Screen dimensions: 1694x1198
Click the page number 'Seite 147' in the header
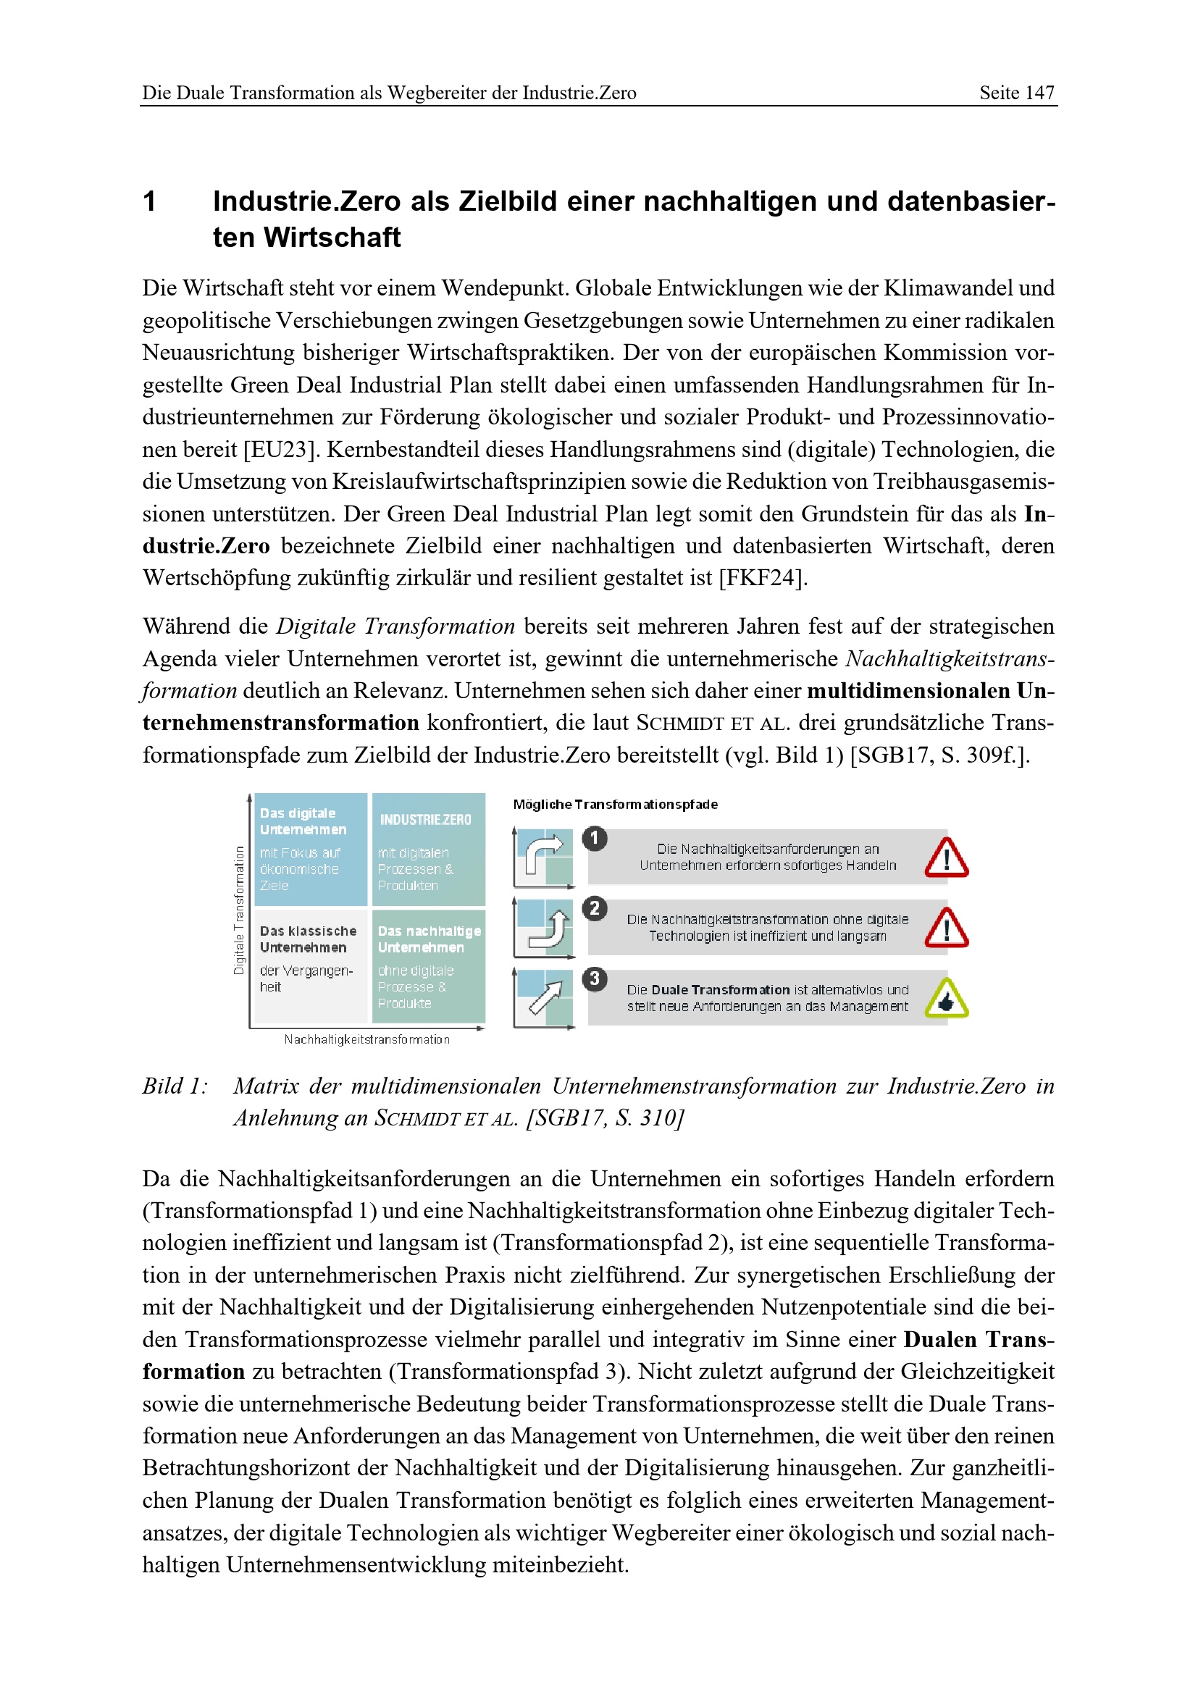[1015, 93]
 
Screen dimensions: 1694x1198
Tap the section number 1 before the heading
[150, 201]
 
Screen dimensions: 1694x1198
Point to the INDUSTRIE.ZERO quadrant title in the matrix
[426, 820]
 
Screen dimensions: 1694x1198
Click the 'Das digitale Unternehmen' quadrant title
[303, 821]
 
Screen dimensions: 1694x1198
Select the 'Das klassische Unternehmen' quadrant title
[308, 939]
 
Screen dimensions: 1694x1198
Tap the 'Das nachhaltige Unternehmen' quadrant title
[429, 939]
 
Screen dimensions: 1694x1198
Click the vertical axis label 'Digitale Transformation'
[239, 910]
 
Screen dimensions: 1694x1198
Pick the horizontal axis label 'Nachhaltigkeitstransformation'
[366, 1039]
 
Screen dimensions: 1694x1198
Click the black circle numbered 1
[595, 839]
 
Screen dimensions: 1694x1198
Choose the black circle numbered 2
[595, 908]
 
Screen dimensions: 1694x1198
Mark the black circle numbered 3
[595, 979]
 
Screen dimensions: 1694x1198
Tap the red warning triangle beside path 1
[947, 859]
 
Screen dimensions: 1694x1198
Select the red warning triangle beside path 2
[947, 929]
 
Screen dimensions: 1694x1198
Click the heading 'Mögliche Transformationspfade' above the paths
[615, 804]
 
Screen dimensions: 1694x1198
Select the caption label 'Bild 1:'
[175, 1087]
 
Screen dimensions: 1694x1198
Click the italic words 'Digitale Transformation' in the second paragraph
[395, 626]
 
